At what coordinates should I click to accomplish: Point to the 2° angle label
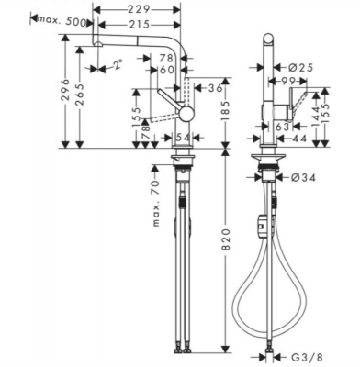[116, 64]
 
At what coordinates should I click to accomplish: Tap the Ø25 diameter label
[309, 66]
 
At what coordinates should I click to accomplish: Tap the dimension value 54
[182, 136]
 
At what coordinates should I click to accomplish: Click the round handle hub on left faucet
[185, 113]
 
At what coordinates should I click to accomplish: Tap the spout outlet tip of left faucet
[96, 44]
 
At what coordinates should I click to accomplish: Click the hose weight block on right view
[263, 220]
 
